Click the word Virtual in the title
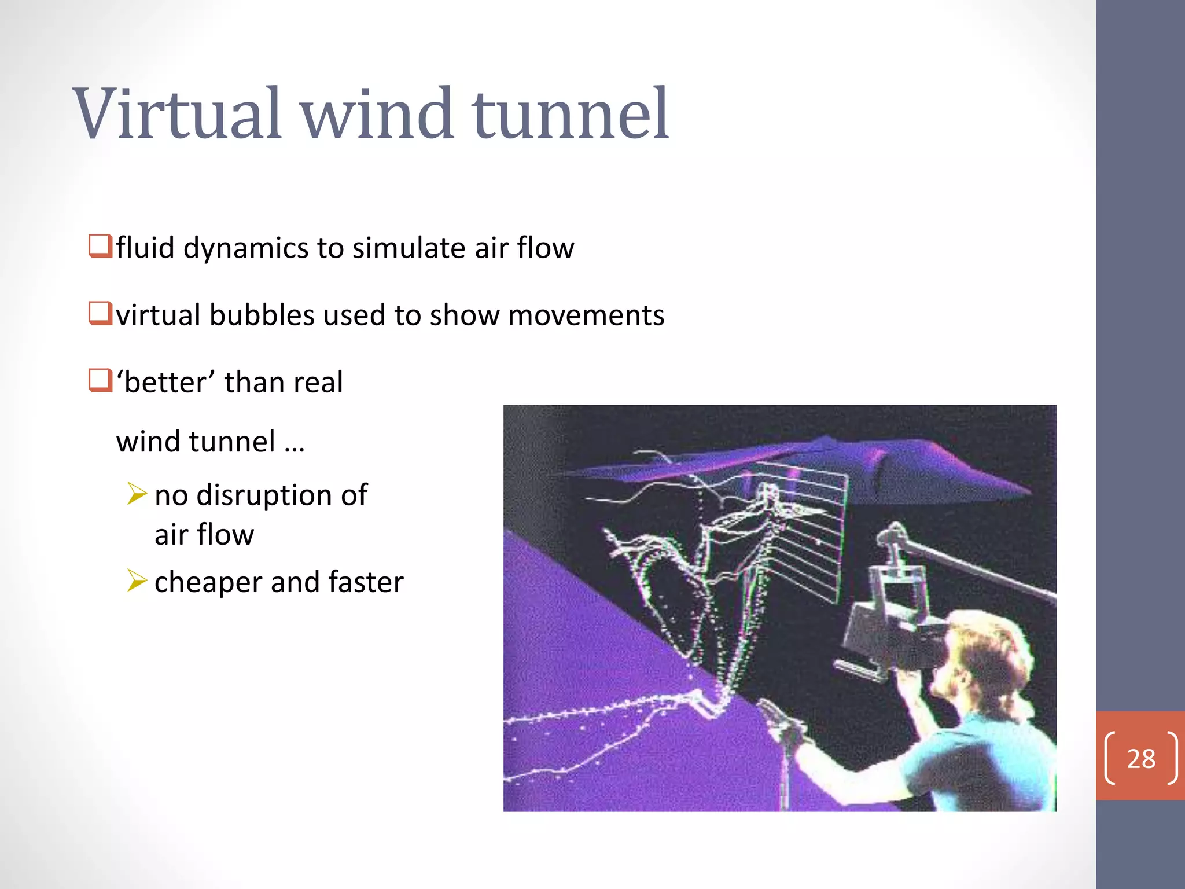tap(177, 113)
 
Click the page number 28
tap(1140, 759)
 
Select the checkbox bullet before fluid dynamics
tap(100, 246)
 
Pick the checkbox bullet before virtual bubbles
tap(100, 313)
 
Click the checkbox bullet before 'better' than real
tap(100, 381)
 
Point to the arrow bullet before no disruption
tap(137, 494)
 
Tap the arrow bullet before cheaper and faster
tap(137, 581)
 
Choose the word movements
tap(586, 315)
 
